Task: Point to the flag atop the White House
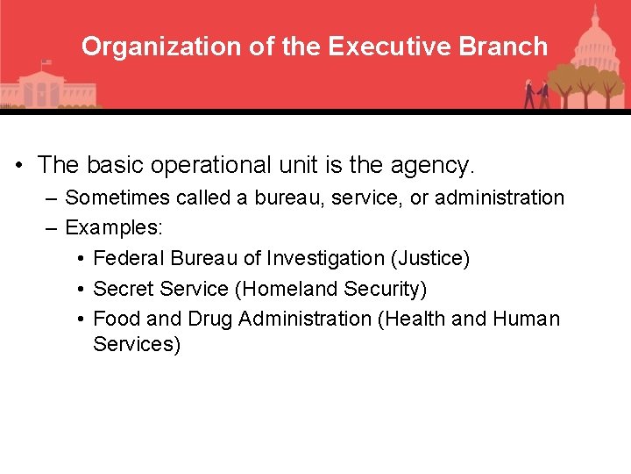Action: pos(46,64)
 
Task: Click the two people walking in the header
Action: pos(536,94)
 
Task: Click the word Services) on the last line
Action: pos(137,345)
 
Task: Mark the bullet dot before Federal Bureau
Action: pos(80,259)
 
